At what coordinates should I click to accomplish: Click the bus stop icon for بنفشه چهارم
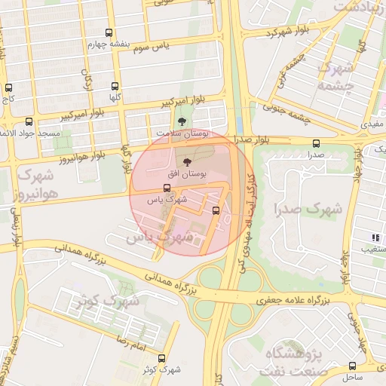tap(110, 33)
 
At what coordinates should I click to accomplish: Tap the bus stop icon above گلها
tap(115, 87)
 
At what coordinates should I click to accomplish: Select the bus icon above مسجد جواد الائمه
tap(29, 121)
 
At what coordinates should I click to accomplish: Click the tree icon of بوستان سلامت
tap(180, 121)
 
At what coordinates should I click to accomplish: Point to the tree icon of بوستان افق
tap(187, 161)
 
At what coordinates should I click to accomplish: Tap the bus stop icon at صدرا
tap(315, 143)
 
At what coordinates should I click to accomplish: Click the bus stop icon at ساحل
tap(352, 366)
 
